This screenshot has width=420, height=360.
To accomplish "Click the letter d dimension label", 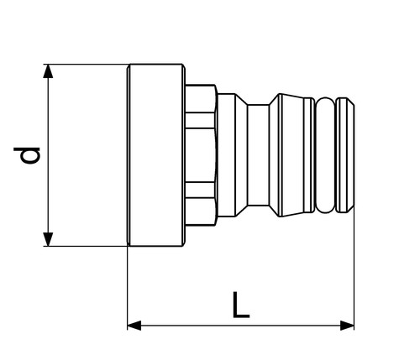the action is click(27, 155).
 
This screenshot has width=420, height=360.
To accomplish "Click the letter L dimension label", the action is click(241, 305).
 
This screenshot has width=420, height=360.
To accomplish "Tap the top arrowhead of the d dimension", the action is click(48, 71).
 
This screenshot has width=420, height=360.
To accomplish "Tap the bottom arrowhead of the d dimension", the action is click(48, 239).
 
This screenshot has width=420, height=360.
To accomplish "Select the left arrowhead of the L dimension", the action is click(134, 326).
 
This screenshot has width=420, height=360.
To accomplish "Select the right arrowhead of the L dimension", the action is click(347, 326).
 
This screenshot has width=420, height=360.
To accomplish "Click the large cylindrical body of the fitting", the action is click(156, 155).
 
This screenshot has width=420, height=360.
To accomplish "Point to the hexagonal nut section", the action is click(201, 155).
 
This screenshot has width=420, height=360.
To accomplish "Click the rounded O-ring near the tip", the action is click(325, 155).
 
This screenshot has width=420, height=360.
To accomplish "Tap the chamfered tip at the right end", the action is click(345, 155).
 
